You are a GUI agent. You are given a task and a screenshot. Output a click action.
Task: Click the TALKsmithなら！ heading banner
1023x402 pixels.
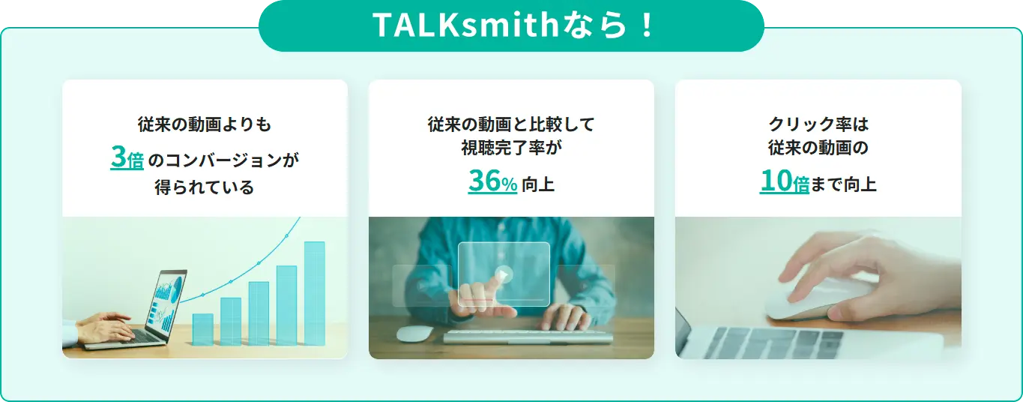tap(511, 25)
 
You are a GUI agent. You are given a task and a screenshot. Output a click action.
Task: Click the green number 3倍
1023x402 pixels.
tap(127, 157)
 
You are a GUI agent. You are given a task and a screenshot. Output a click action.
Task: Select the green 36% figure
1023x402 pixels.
tap(492, 181)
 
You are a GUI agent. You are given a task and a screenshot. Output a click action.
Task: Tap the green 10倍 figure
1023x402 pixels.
tap(784, 181)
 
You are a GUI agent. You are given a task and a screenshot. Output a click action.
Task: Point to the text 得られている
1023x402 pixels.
tap(205, 187)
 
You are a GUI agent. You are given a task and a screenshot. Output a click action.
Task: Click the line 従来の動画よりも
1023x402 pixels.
tap(205, 124)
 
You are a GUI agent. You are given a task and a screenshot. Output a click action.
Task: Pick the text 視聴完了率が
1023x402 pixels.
tap(511, 148)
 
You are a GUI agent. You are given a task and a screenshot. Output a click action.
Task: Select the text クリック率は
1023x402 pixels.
tap(818, 124)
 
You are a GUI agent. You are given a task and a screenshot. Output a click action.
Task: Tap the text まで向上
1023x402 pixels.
tap(844, 184)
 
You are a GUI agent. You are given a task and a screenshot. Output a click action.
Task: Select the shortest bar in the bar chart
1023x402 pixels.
tap(202, 329)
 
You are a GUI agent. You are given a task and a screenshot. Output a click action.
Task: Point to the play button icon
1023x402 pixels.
tap(504, 274)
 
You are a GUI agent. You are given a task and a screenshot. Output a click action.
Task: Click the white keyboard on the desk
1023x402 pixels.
tap(528, 337)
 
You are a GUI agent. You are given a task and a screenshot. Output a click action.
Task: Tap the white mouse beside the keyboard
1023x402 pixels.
tap(414, 334)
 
